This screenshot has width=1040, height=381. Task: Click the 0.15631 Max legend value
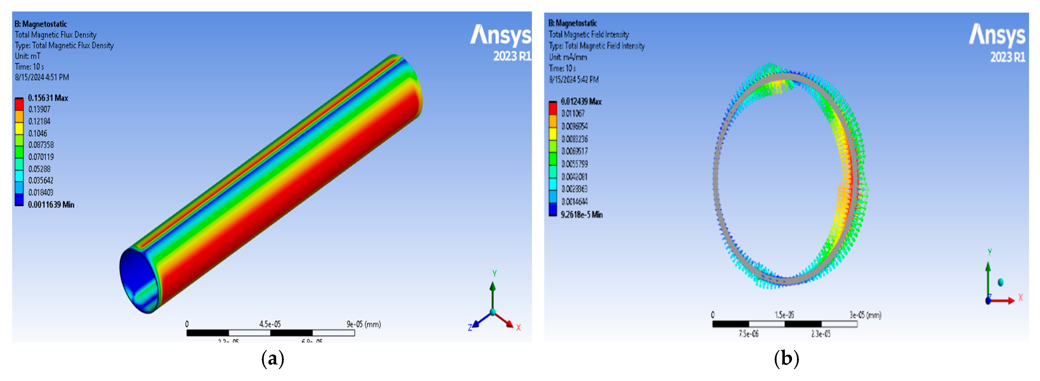click(x=48, y=98)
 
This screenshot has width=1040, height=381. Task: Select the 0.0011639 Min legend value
click(x=51, y=204)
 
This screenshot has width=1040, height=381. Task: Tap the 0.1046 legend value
click(x=38, y=133)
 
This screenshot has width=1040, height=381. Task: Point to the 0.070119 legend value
click(x=41, y=157)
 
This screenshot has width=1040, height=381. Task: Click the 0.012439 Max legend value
click(x=581, y=101)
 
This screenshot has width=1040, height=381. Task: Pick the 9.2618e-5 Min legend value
click(x=581, y=215)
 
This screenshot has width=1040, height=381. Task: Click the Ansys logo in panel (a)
click(x=501, y=36)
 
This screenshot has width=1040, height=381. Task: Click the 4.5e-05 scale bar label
click(x=270, y=324)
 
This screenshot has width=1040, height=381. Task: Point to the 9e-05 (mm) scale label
click(x=363, y=324)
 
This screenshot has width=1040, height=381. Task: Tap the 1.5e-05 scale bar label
click(x=784, y=315)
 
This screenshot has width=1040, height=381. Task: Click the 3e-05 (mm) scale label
click(x=865, y=315)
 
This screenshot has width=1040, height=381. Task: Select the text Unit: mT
click(x=27, y=56)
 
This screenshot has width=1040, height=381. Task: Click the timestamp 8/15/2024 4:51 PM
click(x=42, y=77)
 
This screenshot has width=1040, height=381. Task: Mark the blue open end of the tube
click(x=137, y=279)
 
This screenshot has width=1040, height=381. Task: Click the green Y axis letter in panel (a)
click(x=494, y=274)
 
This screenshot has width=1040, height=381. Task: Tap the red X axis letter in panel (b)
click(x=1021, y=298)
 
